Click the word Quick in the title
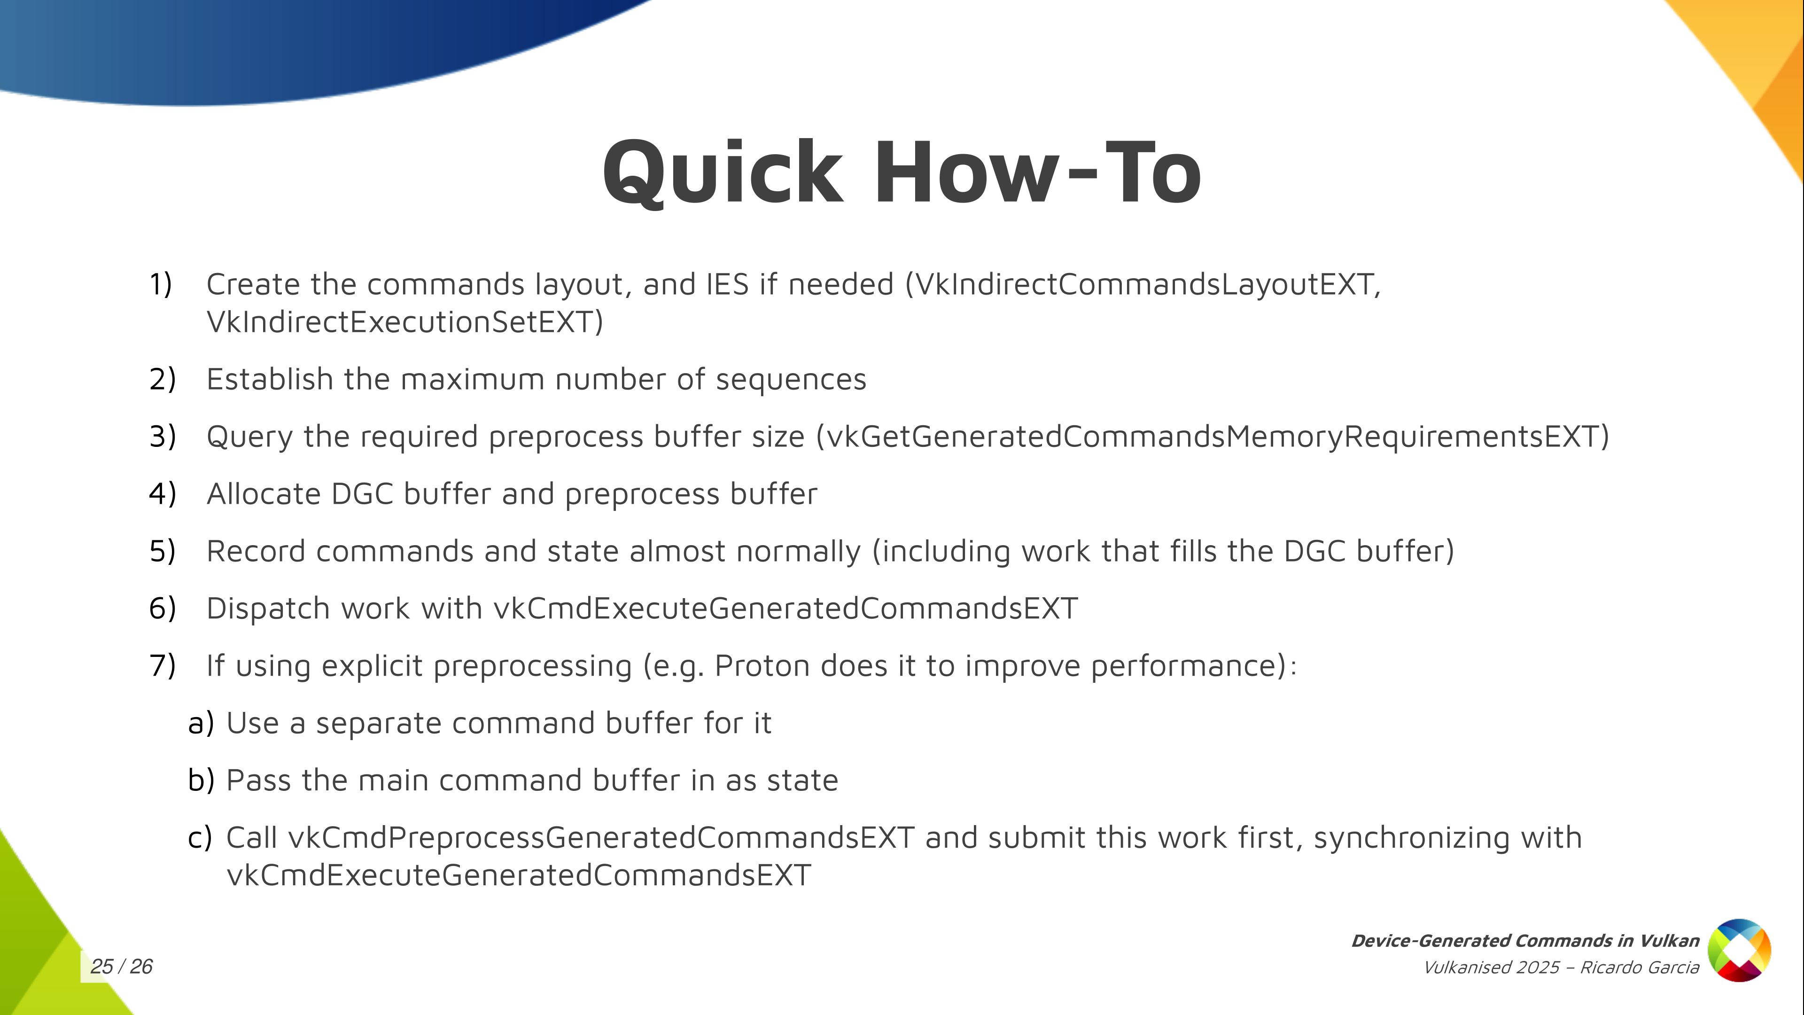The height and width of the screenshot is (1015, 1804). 723,174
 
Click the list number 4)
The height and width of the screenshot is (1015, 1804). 163,494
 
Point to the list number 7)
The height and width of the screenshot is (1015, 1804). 163,665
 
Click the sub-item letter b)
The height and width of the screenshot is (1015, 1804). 201,781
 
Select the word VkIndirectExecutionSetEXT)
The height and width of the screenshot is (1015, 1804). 405,322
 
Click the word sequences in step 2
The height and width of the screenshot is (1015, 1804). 791,380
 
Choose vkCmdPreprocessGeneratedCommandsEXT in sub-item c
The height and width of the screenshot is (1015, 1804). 601,838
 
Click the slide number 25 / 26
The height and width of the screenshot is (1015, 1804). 121,967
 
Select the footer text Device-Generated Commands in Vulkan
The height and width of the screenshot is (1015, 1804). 1525,941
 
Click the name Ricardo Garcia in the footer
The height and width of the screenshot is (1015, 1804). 1640,968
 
